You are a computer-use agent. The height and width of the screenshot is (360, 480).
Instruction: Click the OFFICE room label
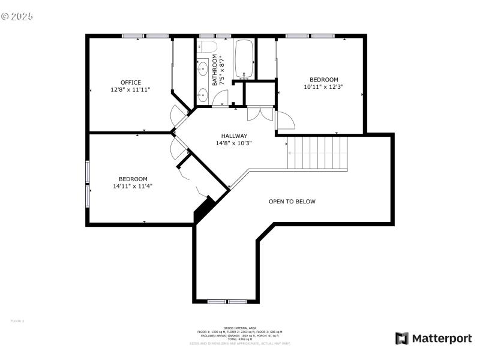point(130,82)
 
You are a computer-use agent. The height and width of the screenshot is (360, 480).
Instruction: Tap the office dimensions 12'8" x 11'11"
point(130,89)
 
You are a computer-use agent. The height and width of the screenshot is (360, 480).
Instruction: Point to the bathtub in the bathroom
point(244,59)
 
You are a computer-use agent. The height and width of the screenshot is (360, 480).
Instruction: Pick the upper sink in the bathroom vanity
point(202,67)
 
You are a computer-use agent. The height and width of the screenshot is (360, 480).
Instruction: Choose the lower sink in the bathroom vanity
point(202,94)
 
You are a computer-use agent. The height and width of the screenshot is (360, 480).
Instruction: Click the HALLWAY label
point(233,136)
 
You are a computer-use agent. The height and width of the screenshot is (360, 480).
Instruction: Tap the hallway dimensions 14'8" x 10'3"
point(233,143)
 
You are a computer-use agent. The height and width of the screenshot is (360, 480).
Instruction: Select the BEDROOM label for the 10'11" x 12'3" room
point(323,80)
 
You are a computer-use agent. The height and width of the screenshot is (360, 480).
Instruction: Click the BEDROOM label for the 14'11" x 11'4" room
point(133,179)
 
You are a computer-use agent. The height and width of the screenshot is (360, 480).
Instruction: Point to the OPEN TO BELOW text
point(292,202)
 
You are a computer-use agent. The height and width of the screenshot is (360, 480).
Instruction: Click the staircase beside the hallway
point(317,153)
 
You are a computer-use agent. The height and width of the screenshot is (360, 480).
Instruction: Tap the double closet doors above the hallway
point(260,113)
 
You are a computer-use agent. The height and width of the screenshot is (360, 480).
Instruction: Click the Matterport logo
point(433,338)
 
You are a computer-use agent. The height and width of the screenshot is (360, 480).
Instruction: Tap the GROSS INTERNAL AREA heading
point(239,328)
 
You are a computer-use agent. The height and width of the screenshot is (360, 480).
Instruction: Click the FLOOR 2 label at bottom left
point(17,321)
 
